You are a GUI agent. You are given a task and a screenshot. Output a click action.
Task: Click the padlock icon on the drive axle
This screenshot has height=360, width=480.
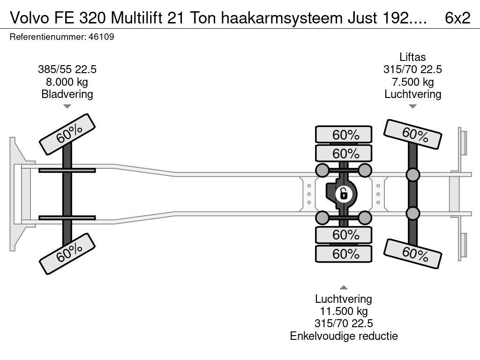point(344,194)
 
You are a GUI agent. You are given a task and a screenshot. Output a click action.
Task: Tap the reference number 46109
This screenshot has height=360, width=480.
point(101,37)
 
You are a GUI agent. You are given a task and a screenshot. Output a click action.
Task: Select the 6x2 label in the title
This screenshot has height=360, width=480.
point(457,18)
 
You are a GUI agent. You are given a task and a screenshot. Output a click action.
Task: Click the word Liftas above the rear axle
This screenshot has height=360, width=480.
point(412,57)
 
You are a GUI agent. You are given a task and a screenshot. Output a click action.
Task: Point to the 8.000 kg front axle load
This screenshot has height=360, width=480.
point(67,82)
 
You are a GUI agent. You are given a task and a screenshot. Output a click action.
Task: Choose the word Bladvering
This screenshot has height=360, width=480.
point(67,94)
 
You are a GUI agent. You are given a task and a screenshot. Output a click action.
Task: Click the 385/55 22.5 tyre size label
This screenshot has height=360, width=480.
point(67,69)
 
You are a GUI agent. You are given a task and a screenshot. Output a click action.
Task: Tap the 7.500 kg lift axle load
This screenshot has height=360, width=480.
point(412,82)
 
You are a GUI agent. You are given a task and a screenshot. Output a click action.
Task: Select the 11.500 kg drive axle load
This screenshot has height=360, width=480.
point(344,311)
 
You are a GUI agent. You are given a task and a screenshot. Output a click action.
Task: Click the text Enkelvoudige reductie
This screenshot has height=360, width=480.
point(344,336)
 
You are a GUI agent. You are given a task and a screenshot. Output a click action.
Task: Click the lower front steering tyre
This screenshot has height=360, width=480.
point(67,254)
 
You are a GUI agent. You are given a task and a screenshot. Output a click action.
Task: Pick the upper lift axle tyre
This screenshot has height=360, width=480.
point(412,135)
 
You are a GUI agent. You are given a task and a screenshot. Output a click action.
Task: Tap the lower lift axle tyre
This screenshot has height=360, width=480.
point(412,254)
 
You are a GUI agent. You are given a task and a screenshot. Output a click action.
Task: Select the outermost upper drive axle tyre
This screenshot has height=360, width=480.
point(344,135)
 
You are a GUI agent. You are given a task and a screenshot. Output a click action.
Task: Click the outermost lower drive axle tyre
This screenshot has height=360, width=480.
point(344,254)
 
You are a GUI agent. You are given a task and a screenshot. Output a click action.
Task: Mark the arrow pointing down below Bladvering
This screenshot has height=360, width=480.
point(67,106)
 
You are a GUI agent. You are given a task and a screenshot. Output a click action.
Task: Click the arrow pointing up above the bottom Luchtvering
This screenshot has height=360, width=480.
point(344,287)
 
